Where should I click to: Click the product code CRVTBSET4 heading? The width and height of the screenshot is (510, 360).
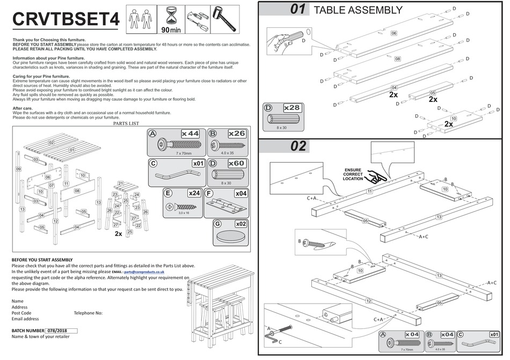click(x=65, y=19)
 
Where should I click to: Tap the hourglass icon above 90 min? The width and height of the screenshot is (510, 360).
click(x=171, y=16)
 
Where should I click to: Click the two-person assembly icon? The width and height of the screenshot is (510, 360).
click(x=141, y=19)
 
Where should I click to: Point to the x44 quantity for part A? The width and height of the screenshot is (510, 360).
click(x=190, y=134)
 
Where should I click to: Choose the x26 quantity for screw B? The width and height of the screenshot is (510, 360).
click(x=237, y=134)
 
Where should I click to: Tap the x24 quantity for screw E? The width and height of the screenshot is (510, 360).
click(x=194, y=193)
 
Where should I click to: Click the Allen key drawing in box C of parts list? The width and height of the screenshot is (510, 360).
click(x=176, y=175)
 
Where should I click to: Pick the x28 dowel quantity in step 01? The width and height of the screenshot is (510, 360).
click(x=292, y=107)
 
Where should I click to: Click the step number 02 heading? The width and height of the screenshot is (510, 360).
click(x=298, y=146)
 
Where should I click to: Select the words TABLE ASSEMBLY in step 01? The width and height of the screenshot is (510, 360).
click(x=358, y=10)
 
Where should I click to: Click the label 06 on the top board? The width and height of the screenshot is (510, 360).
click(x=394, y=33)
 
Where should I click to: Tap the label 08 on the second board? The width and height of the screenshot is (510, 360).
click(x=398, y=58)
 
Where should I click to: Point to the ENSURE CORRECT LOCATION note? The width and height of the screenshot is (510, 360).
click(x=353, y=174)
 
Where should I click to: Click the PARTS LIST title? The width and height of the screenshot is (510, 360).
click(x=126, y=123)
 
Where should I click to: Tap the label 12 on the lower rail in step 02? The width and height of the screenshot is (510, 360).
click(x=368, y=302)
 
